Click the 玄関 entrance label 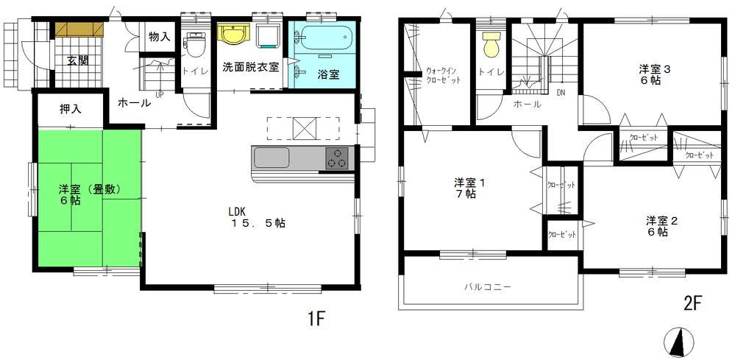77,60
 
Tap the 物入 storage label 159,36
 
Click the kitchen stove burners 338,158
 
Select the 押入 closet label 71,109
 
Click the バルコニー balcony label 487,287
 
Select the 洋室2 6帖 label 657,226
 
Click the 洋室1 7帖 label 464,187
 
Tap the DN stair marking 561,93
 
